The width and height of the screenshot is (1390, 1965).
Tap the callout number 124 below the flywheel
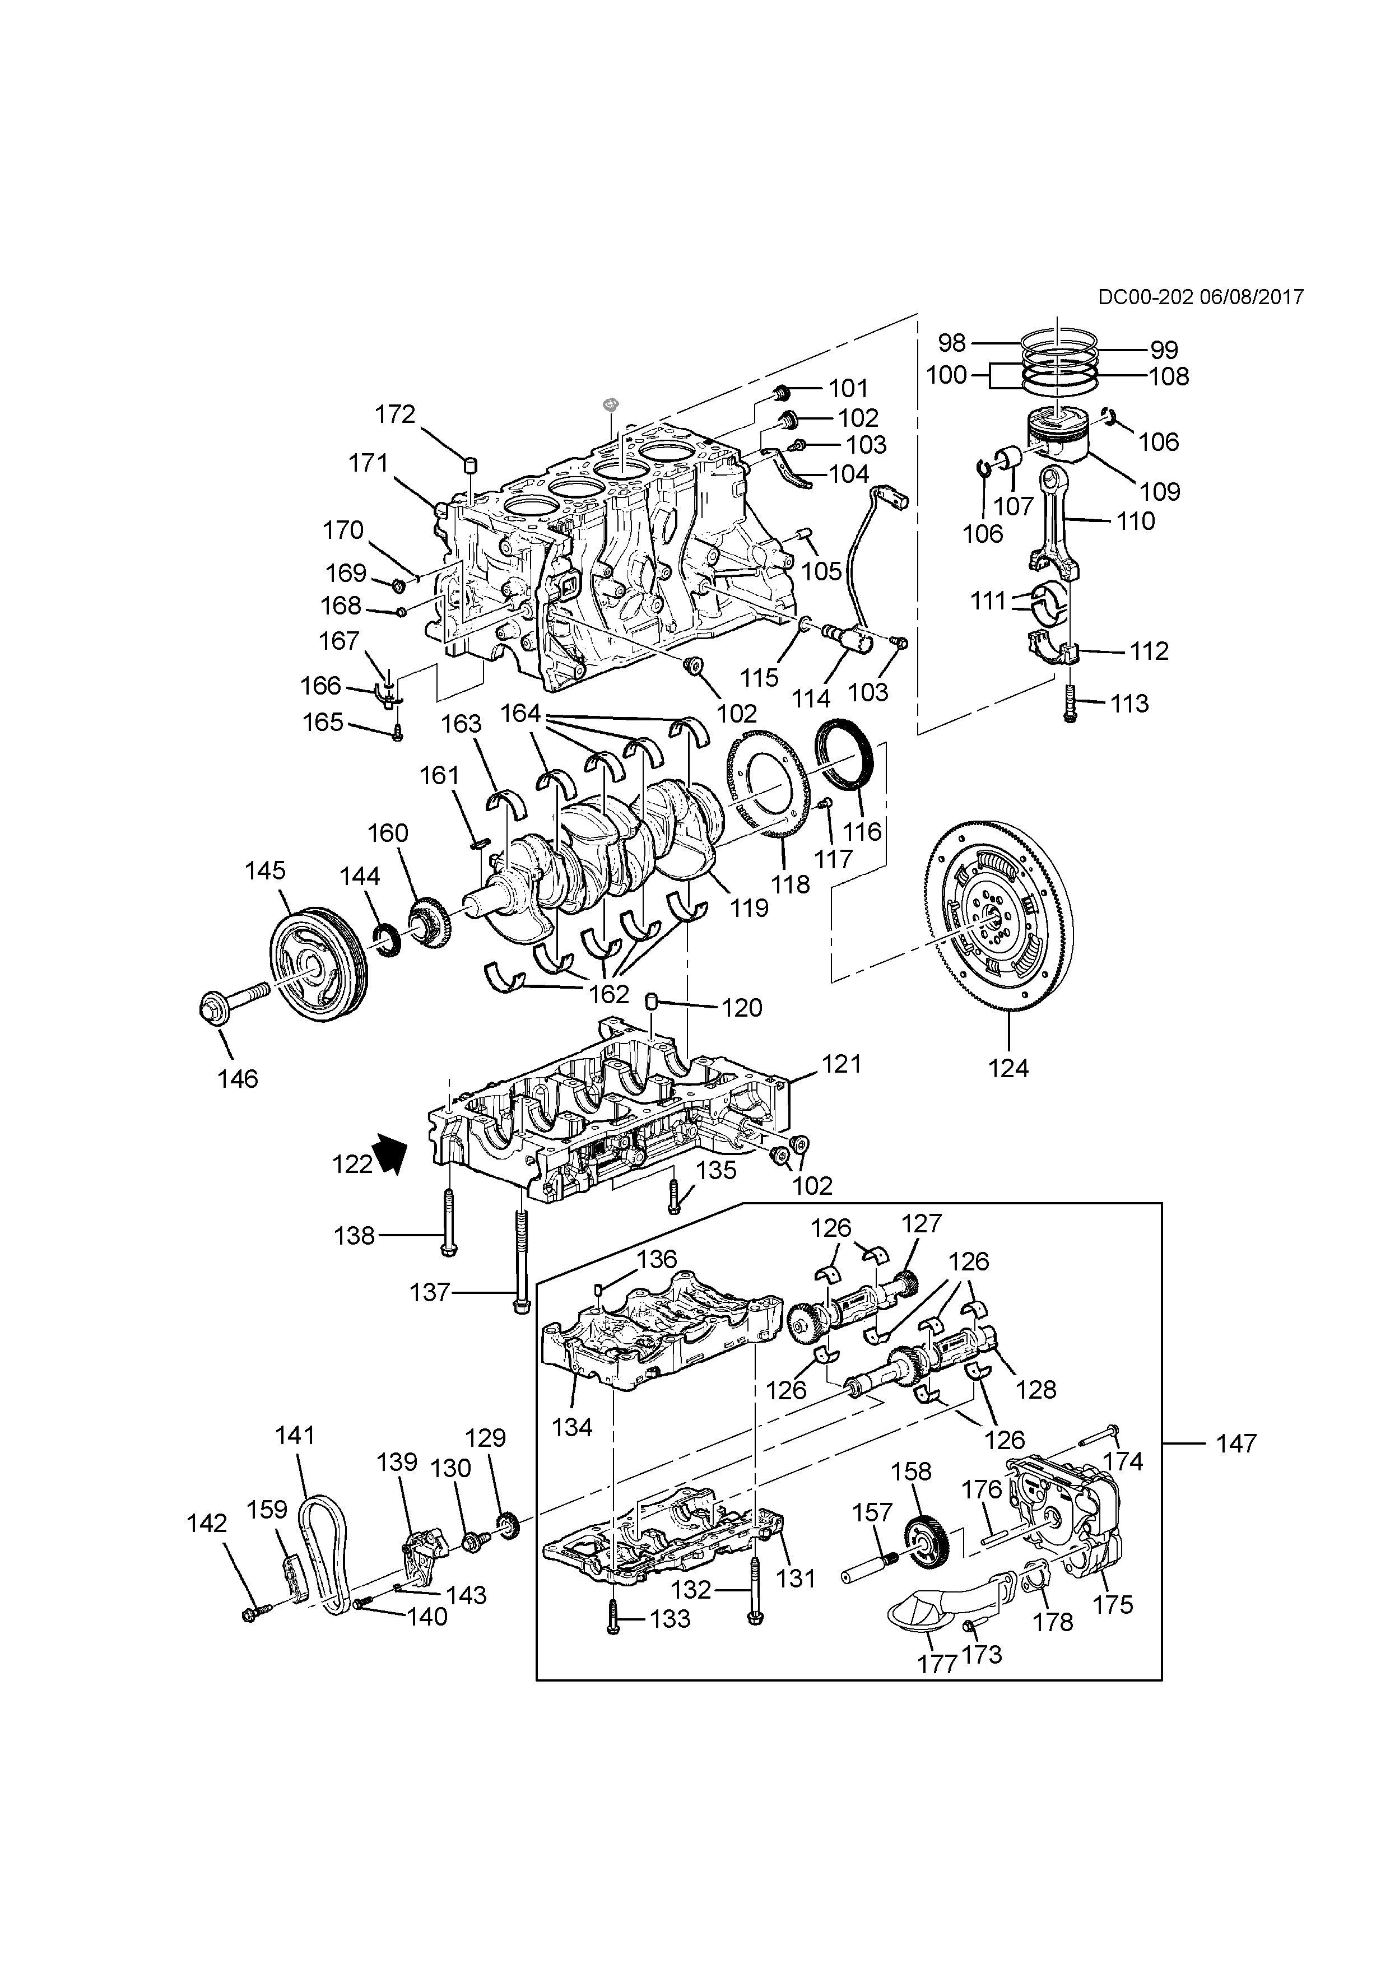pyautogui.click(x=1008, y=1068)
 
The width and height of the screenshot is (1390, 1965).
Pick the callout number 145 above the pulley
pyautogui.click(x=266, y=870)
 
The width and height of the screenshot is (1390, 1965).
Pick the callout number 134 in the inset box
pyautogui.click(x=573, y=1427)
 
